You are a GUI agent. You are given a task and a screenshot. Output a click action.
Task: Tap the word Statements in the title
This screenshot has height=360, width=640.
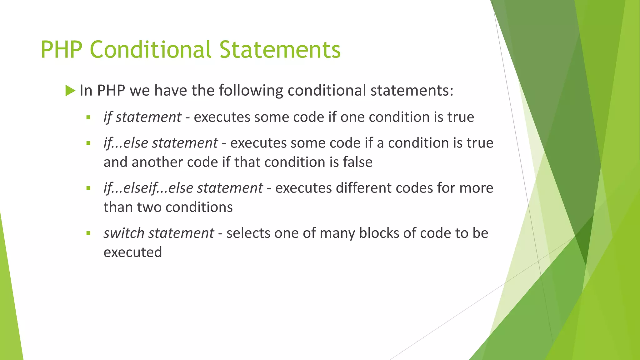280,50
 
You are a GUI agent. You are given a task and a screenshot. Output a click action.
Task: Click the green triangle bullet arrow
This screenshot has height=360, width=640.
70,91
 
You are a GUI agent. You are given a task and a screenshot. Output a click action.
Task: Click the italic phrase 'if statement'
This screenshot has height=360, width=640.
142,117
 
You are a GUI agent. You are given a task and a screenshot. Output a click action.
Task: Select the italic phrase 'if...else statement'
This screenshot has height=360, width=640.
161,143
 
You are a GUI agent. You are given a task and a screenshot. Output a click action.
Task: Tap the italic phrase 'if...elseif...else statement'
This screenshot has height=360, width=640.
183,188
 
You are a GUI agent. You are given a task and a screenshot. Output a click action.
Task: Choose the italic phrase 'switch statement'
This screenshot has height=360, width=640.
159,233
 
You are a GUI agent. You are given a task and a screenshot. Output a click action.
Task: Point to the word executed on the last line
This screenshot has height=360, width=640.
133,252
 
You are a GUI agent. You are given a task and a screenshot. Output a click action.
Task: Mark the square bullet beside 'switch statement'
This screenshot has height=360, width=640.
88,233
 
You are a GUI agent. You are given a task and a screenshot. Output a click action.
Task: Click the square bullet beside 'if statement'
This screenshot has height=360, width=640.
88,117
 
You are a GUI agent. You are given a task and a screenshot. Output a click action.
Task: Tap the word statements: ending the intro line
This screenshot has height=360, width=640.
412,91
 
